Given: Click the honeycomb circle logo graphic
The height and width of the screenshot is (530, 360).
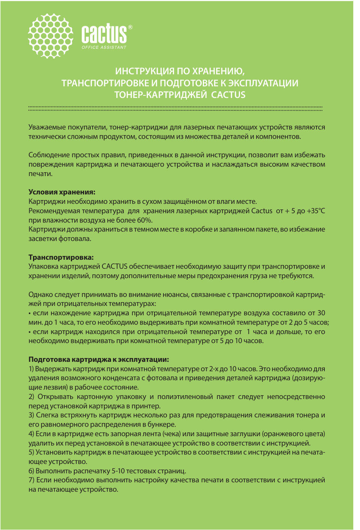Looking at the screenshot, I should coord(51,36).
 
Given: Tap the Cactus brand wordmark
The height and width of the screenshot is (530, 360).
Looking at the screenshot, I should coord(104,34).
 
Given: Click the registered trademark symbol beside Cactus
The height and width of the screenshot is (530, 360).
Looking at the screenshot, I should coord(130,27).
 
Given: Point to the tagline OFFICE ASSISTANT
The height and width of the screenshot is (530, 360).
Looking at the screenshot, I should coord(104,47).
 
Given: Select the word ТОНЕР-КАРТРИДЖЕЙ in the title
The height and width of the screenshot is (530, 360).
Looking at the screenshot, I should coord(160,95).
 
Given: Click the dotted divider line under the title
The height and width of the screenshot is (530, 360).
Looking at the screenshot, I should coord(175,108).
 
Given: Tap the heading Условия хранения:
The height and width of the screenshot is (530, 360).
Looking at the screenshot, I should coord(62,192).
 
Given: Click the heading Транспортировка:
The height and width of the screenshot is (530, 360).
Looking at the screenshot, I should coord(61,257).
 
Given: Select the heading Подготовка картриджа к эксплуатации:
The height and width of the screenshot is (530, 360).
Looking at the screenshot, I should coord(99,360).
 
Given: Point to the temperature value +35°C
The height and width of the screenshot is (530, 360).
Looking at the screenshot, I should coord(315,211).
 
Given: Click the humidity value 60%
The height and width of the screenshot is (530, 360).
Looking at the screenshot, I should coord(144,220).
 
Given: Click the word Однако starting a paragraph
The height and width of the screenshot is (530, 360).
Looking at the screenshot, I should coord(40,295).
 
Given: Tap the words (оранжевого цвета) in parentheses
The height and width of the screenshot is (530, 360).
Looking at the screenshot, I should coord(293,434).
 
